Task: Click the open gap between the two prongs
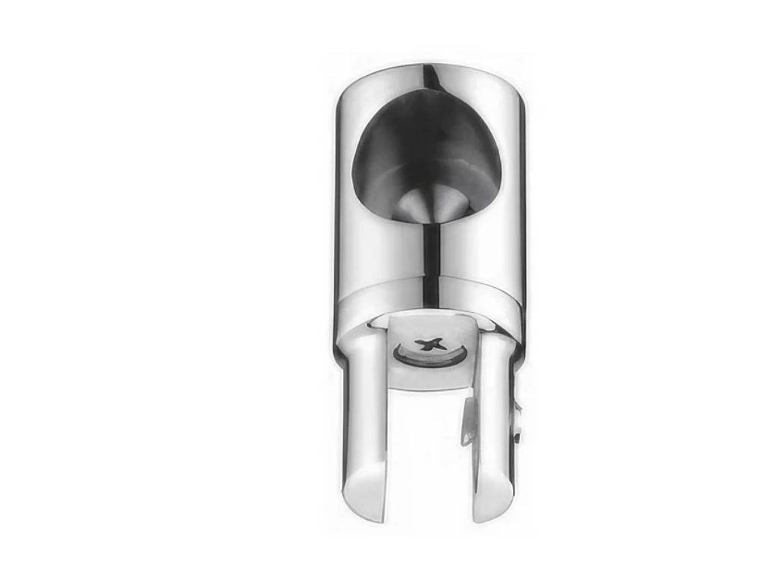click(429, 455)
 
